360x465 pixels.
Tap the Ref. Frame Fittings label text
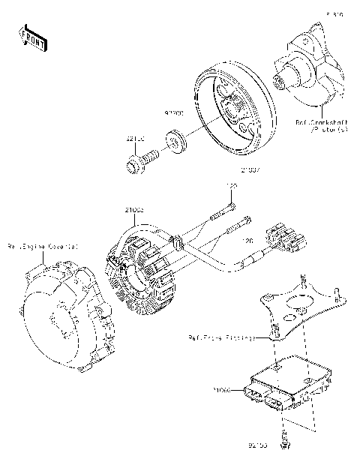pyautogui.click(x=222, y=338)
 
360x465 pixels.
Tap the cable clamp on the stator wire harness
pyautogui.click(x=178, y=242)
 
